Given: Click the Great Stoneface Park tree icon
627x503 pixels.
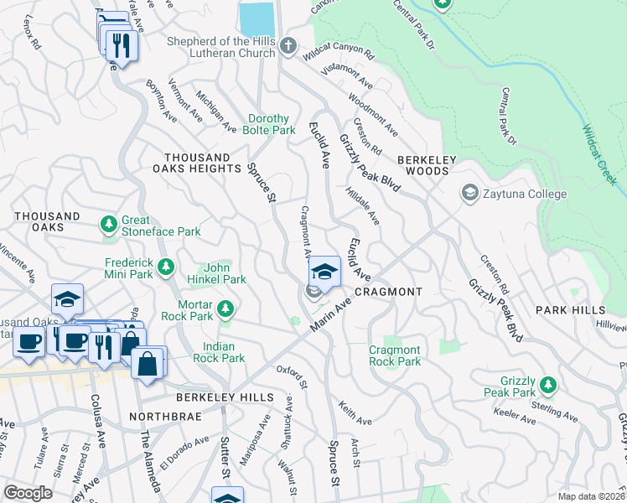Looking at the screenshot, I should point(108,224).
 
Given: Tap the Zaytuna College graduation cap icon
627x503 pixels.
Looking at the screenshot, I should point(470,194).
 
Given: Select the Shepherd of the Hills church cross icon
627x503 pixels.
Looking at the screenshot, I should point(288,46).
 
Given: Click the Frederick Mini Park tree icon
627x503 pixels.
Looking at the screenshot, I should point(166,267).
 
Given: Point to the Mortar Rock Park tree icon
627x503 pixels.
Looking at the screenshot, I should point(225,310).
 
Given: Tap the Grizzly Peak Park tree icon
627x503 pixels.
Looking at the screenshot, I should point(547,385).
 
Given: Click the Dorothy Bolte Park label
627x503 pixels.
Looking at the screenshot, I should point(272,125).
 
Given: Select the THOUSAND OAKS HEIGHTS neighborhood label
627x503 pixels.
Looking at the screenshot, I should point(203,163).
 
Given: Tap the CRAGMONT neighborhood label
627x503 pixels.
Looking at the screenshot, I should point(388,292).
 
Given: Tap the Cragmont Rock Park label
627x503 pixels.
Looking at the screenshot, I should point(395,356).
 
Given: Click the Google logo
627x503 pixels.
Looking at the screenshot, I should point(28,492).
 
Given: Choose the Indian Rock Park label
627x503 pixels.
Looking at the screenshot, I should point(224,352).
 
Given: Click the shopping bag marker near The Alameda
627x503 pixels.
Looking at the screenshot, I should point(148,364).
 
